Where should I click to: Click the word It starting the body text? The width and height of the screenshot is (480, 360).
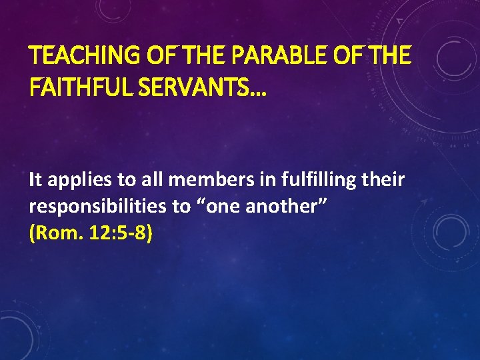36,179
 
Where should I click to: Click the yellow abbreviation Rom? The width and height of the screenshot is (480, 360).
53,234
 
